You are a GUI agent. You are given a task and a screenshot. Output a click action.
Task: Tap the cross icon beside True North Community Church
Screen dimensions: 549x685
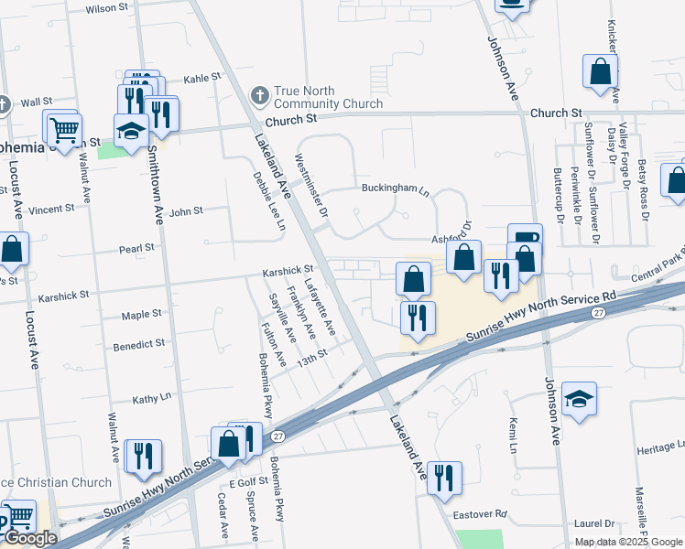tap(260, 94)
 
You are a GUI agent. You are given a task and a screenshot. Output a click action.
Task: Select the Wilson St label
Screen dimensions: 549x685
tap(106, 8)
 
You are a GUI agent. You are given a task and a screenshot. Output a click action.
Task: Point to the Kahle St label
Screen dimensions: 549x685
tap(203, 79)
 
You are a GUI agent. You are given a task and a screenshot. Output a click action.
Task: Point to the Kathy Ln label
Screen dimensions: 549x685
tap(152, 399)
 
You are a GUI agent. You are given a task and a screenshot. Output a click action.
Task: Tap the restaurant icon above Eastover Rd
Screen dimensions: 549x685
tap(444, 477)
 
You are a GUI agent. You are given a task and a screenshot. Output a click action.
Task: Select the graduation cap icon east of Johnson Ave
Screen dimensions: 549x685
tap(579, 399)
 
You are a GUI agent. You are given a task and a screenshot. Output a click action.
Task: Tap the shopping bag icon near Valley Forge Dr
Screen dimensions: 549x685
tap(600, 71)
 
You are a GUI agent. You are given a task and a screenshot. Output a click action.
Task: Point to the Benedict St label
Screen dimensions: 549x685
tap(138, 344)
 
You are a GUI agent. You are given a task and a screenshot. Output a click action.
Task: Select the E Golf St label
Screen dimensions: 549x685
tap(246, 482)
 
